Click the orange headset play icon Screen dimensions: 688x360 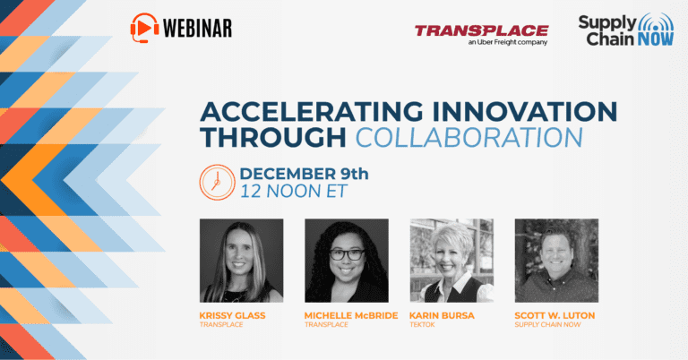[145, 28]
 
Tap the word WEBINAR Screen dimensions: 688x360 [197, 29]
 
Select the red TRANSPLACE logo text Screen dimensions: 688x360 [481, 30]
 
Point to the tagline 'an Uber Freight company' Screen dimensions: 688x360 [508, 42]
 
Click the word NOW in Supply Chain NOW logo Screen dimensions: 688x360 [656, 39]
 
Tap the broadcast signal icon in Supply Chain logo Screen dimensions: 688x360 [656, 21]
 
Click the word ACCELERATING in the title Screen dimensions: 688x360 [312, 112]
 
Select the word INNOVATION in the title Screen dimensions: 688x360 [525, 112]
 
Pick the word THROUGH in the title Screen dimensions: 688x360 [273, 138]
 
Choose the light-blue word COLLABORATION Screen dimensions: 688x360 [469, 138]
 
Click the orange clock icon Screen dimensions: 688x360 [217, 183]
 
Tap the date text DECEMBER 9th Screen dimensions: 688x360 [304, 174]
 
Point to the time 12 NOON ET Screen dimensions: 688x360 [294, 191]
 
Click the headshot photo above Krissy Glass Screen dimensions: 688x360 [241, 261]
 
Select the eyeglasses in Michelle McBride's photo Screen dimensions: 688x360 [347, 254]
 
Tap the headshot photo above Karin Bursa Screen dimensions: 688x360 [451, 261]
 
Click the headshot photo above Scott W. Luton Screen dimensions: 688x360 [556, 261]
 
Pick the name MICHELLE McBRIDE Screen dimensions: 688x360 [351, 316]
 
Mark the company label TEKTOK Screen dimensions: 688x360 [422, 325]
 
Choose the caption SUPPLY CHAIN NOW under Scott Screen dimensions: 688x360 [547, 325]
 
